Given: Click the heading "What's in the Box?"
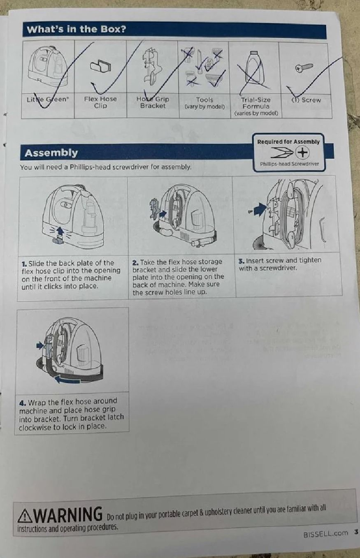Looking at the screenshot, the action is pos(76,29).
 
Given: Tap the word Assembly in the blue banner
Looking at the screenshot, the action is pos(51,153).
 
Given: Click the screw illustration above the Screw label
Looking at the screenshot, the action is pos(304,67).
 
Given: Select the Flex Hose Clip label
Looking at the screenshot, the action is pos(100,102).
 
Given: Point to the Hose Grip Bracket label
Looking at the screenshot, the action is pos(153,102).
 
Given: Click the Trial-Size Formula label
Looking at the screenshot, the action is pos(256,107).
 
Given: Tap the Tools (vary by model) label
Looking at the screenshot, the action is pos(204,103).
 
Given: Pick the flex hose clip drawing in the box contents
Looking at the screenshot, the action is pos(100,66).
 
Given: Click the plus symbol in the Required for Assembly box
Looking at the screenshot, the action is pos(303,152).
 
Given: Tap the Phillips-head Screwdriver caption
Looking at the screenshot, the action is pos(289,164).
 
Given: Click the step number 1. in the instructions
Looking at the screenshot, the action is pos(24,264).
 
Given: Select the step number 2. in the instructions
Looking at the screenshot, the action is pos(135,263).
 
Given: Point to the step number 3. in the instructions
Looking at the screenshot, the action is pos(241,261).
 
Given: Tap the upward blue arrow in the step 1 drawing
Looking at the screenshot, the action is pos(60,232).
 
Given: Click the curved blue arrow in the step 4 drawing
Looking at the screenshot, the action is pos(67,380).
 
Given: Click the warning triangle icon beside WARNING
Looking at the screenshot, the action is pos(25,515).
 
